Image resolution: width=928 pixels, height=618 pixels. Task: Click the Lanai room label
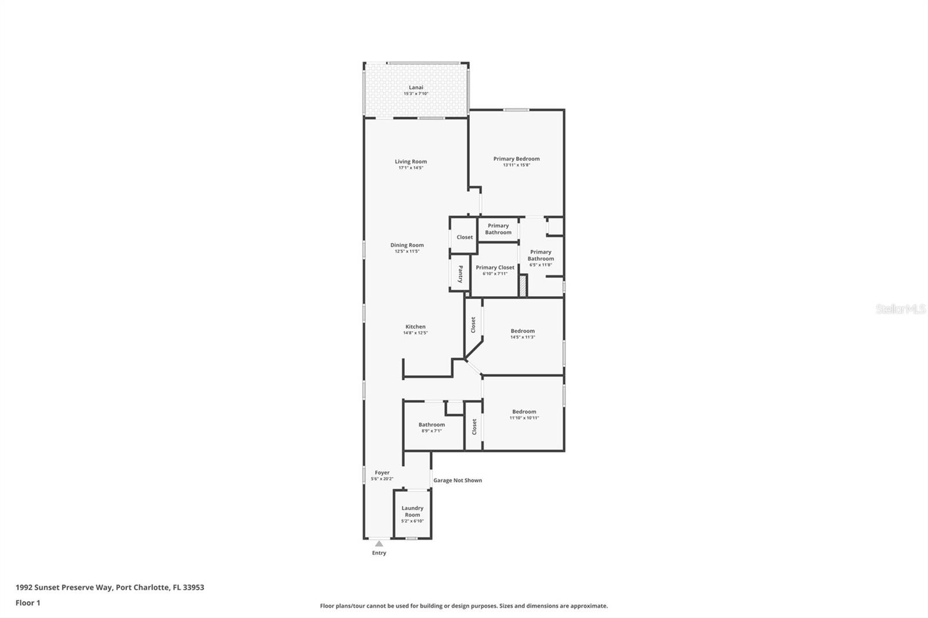(416, 88)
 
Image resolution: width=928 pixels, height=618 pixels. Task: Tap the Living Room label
(411, 162)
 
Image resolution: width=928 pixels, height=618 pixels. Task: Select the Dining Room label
(407, 245)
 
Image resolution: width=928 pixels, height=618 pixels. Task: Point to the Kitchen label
(415, 327)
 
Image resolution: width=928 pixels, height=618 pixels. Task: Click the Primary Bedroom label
(516, 159)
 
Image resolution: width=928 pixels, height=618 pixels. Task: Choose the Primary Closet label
(495, 268)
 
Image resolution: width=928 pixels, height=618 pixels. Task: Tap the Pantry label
(461, 274)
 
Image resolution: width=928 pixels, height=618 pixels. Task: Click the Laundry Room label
(412, 511)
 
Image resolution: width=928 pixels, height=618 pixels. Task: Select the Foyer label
(382, 472)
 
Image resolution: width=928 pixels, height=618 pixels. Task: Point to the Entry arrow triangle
(379, 544)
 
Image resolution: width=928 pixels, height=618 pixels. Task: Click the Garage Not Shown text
(458, 480)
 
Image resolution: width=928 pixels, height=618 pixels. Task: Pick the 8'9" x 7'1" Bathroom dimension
(432, 431)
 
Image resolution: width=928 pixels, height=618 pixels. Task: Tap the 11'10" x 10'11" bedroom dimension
(524, 418)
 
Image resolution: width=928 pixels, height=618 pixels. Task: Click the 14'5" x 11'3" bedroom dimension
(523, 337)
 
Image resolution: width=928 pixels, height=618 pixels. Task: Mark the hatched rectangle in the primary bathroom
(523, 286)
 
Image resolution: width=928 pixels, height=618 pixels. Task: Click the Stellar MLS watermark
(900, 310)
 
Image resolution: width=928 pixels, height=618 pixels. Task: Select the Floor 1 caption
(28, 603)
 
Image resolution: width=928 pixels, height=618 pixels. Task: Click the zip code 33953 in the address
(193, 587)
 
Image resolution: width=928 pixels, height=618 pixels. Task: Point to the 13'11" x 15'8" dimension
(516, 165)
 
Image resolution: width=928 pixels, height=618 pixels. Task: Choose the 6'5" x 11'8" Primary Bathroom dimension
(541, 265)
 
